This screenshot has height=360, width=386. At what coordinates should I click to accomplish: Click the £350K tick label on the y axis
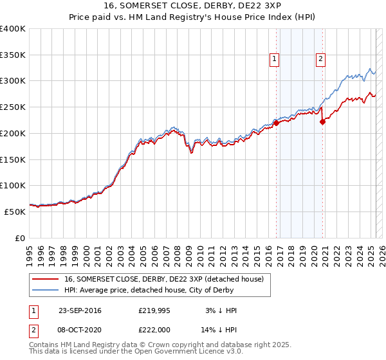[x=13, y=55]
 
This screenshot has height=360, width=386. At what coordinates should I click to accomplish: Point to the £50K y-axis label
[x=15, y=212]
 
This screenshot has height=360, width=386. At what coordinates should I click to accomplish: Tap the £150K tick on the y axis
[x=13, y=159]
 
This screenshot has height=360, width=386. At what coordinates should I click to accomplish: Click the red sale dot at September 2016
[x=276, y=122]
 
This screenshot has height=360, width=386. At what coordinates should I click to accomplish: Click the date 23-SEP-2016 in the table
[x=80, y=310]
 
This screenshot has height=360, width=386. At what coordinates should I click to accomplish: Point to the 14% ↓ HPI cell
[x=220, y=329]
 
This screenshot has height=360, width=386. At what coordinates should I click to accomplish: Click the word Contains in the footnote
[x=45, y=345]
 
